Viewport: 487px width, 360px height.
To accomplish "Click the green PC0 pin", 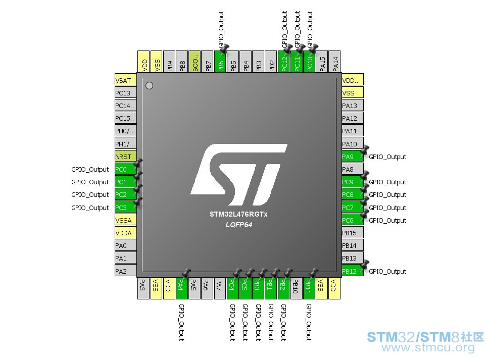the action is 125,169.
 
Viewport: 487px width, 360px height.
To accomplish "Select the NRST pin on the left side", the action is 125,157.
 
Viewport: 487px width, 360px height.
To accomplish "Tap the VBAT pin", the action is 125,80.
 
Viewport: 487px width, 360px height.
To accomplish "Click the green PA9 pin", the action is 353,157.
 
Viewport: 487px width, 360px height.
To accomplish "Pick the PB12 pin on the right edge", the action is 353,271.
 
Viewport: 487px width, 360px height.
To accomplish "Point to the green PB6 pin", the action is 220,62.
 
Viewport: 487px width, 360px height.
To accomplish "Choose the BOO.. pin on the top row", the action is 194,62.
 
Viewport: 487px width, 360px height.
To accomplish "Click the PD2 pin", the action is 271,62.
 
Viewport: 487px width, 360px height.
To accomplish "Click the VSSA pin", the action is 125,220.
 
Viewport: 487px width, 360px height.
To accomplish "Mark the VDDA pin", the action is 125,233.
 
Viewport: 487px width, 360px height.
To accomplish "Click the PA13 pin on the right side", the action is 353,106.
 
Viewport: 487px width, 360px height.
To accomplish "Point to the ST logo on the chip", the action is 239,174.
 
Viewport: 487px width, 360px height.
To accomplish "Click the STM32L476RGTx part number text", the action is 238,214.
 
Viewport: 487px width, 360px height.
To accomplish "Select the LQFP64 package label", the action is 239,225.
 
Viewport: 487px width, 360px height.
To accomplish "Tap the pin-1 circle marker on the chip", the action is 149,85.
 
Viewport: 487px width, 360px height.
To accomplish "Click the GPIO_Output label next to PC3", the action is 90,208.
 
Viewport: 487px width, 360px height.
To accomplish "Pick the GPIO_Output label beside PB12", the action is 387,271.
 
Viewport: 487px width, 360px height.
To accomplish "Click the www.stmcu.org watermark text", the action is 428,347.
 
